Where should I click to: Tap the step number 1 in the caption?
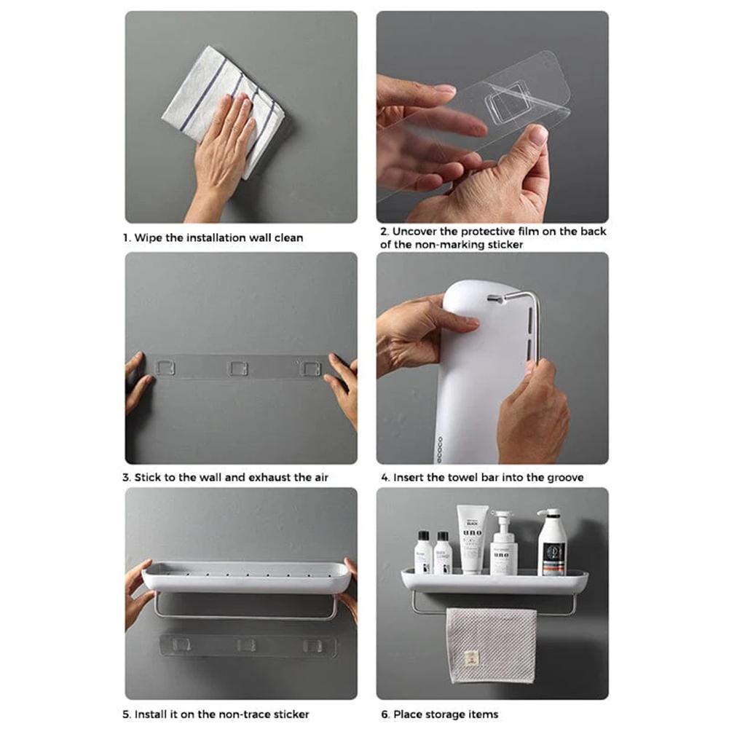(126, 237)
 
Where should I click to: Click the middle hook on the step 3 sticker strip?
(238, 368)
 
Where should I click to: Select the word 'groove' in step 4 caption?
(564, 478)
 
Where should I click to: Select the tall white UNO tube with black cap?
(471, 539)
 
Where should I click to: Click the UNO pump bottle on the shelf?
(504, 546)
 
